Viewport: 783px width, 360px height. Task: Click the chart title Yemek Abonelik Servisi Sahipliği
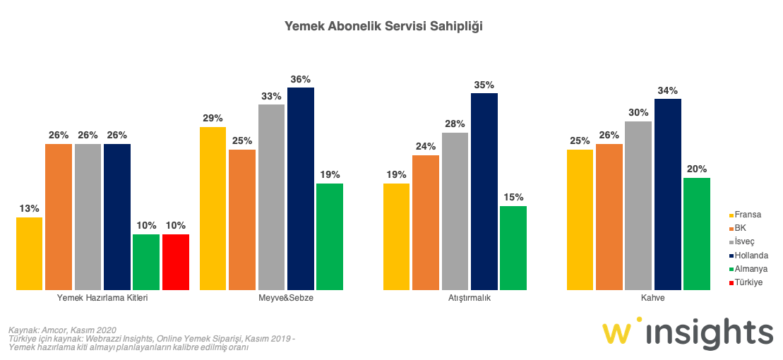(x=383, y=26)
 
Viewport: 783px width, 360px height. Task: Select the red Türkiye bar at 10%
(x=175, y=262)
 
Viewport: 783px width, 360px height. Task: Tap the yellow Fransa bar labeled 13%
(x=29, y=253)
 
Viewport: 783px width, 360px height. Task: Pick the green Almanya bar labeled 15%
(x=513, y=248)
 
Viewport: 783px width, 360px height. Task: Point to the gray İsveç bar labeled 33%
(x=271, y=197)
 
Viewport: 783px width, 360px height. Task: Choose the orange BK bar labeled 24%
(x=425, y=222)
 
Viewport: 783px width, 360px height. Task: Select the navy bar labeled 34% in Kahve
(x=667, y=194)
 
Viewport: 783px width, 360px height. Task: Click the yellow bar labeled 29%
(x=213, y=208)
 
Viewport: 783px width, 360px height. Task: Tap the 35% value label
(x=484, y=85)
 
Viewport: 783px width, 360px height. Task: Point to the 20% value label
(x=696, y=169)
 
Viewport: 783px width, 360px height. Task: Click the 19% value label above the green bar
(x=329, y=175)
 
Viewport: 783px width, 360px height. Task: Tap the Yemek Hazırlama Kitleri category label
(x=102, y=298)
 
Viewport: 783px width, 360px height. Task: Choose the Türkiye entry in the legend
(x=748, y=282)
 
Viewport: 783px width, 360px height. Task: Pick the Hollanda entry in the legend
(x=749, y=255)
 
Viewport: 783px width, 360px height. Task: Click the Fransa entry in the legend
(x=746, y=215)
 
